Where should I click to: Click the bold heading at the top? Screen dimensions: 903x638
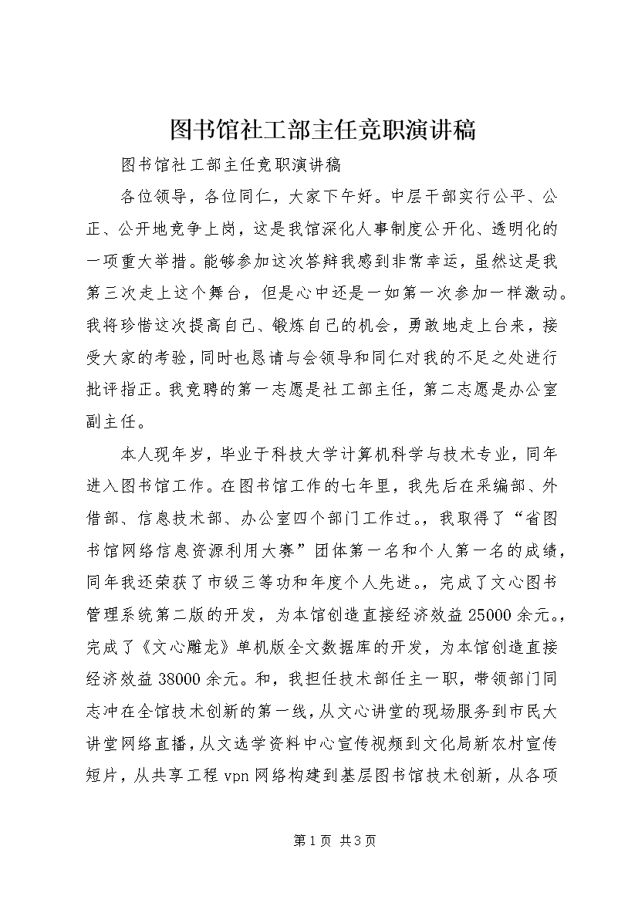[x=319, y=130]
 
